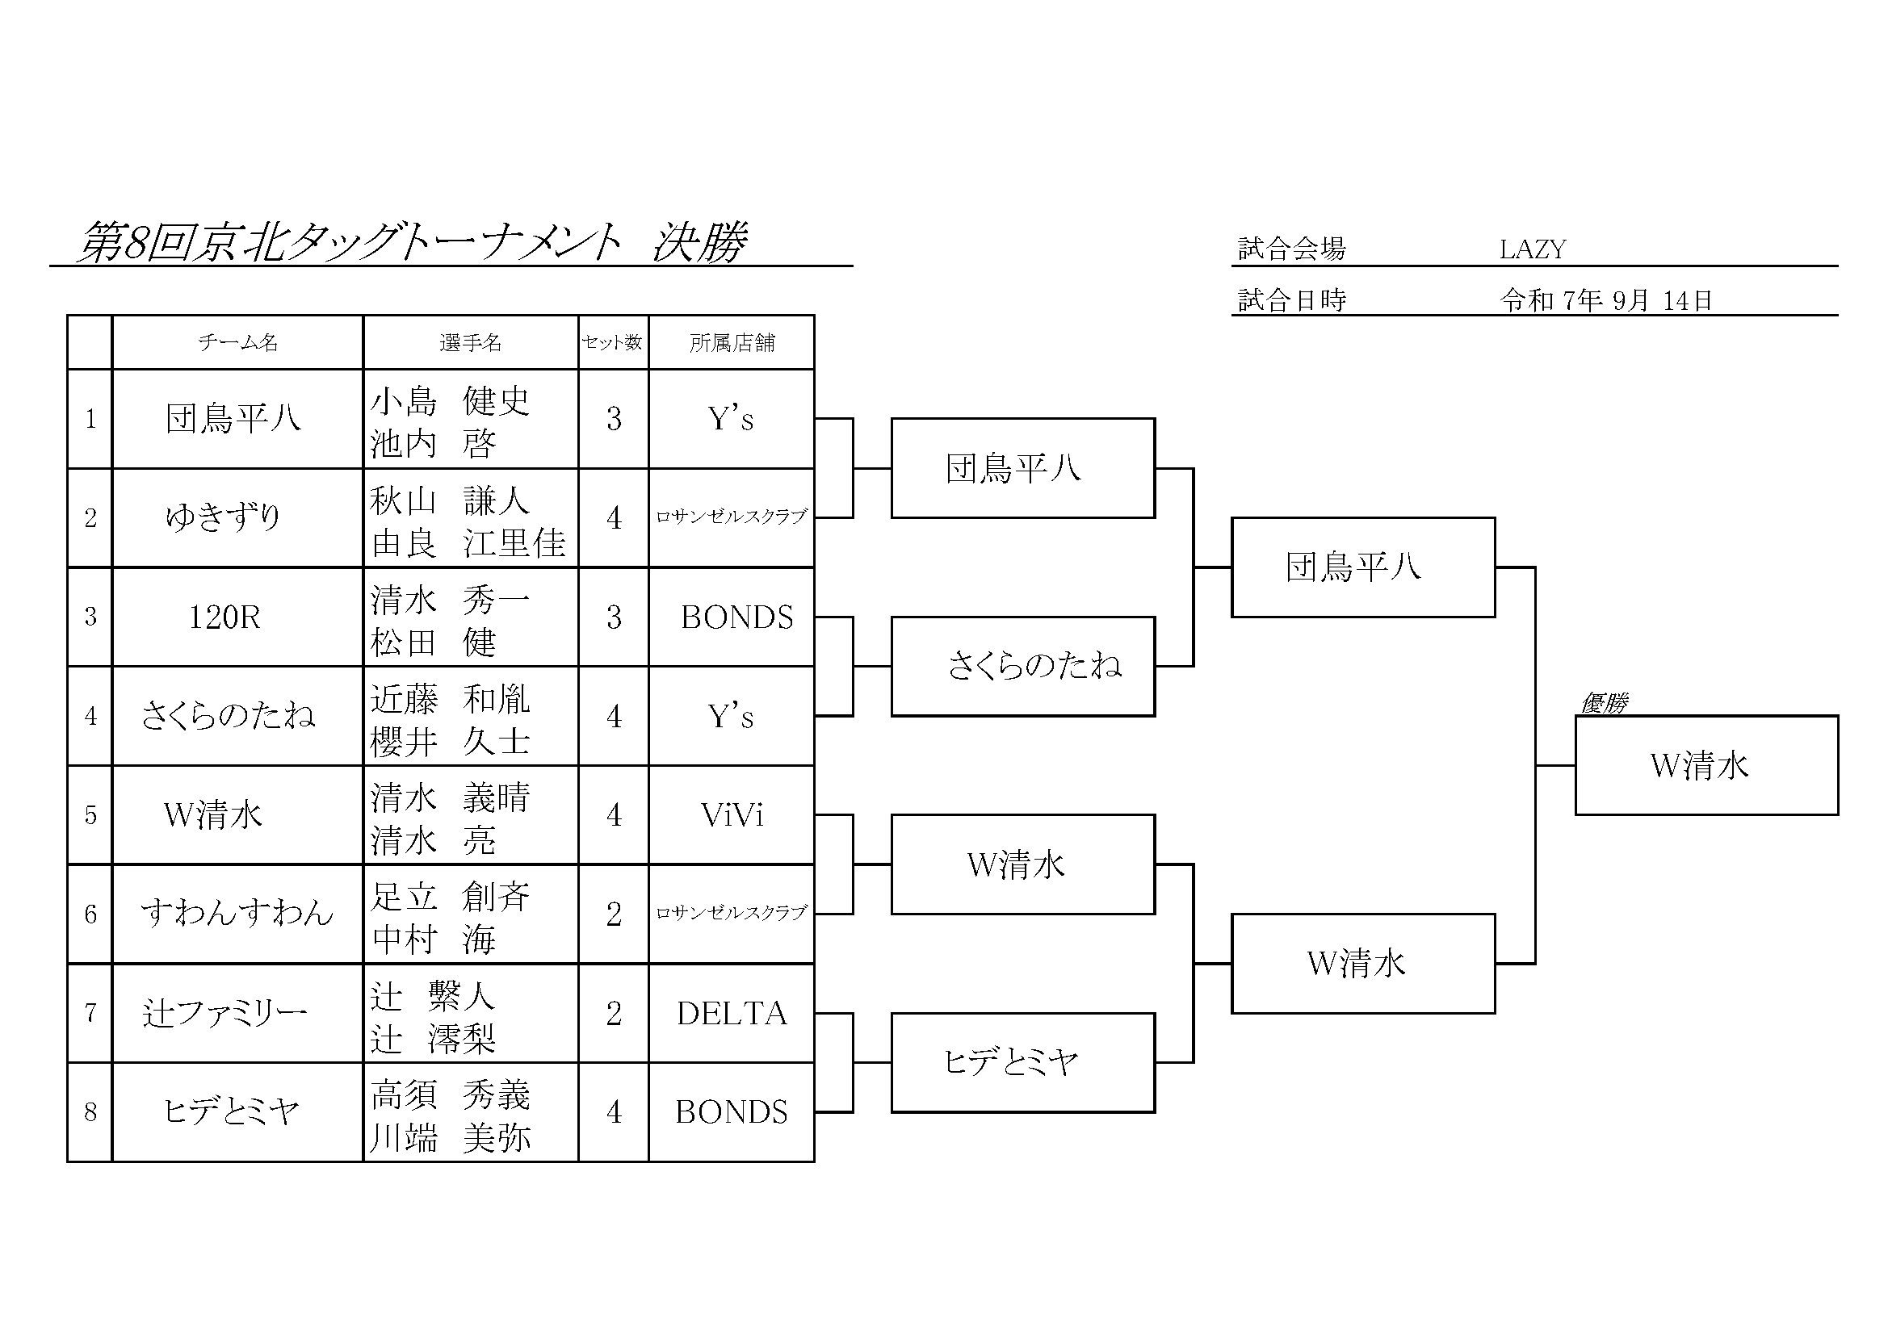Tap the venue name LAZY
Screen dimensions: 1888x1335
pos(1532,249)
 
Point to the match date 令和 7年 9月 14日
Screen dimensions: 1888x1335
pos(1605,300)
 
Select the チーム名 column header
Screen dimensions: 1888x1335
pos(237,342)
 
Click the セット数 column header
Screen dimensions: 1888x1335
pos(613,342)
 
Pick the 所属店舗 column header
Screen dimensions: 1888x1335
pos(732,342)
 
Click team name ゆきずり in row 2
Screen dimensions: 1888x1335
pos(224,517)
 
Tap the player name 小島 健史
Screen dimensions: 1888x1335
pos(450,400)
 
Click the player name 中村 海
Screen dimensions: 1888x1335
pos(434,939)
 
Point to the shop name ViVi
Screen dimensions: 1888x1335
pos(732,815)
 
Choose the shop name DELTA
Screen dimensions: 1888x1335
pos(732,1014)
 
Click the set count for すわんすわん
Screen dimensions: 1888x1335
pos(614,914)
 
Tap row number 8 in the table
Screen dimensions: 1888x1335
pos(90,1112)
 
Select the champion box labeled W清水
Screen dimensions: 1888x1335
pos(1706,765)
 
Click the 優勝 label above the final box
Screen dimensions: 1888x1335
pos(1605,703)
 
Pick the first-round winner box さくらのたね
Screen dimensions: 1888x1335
pos(1023,666)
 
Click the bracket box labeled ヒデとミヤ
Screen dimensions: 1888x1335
pos(1023,1062)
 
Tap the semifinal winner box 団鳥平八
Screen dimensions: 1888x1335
pos(1362,567)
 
